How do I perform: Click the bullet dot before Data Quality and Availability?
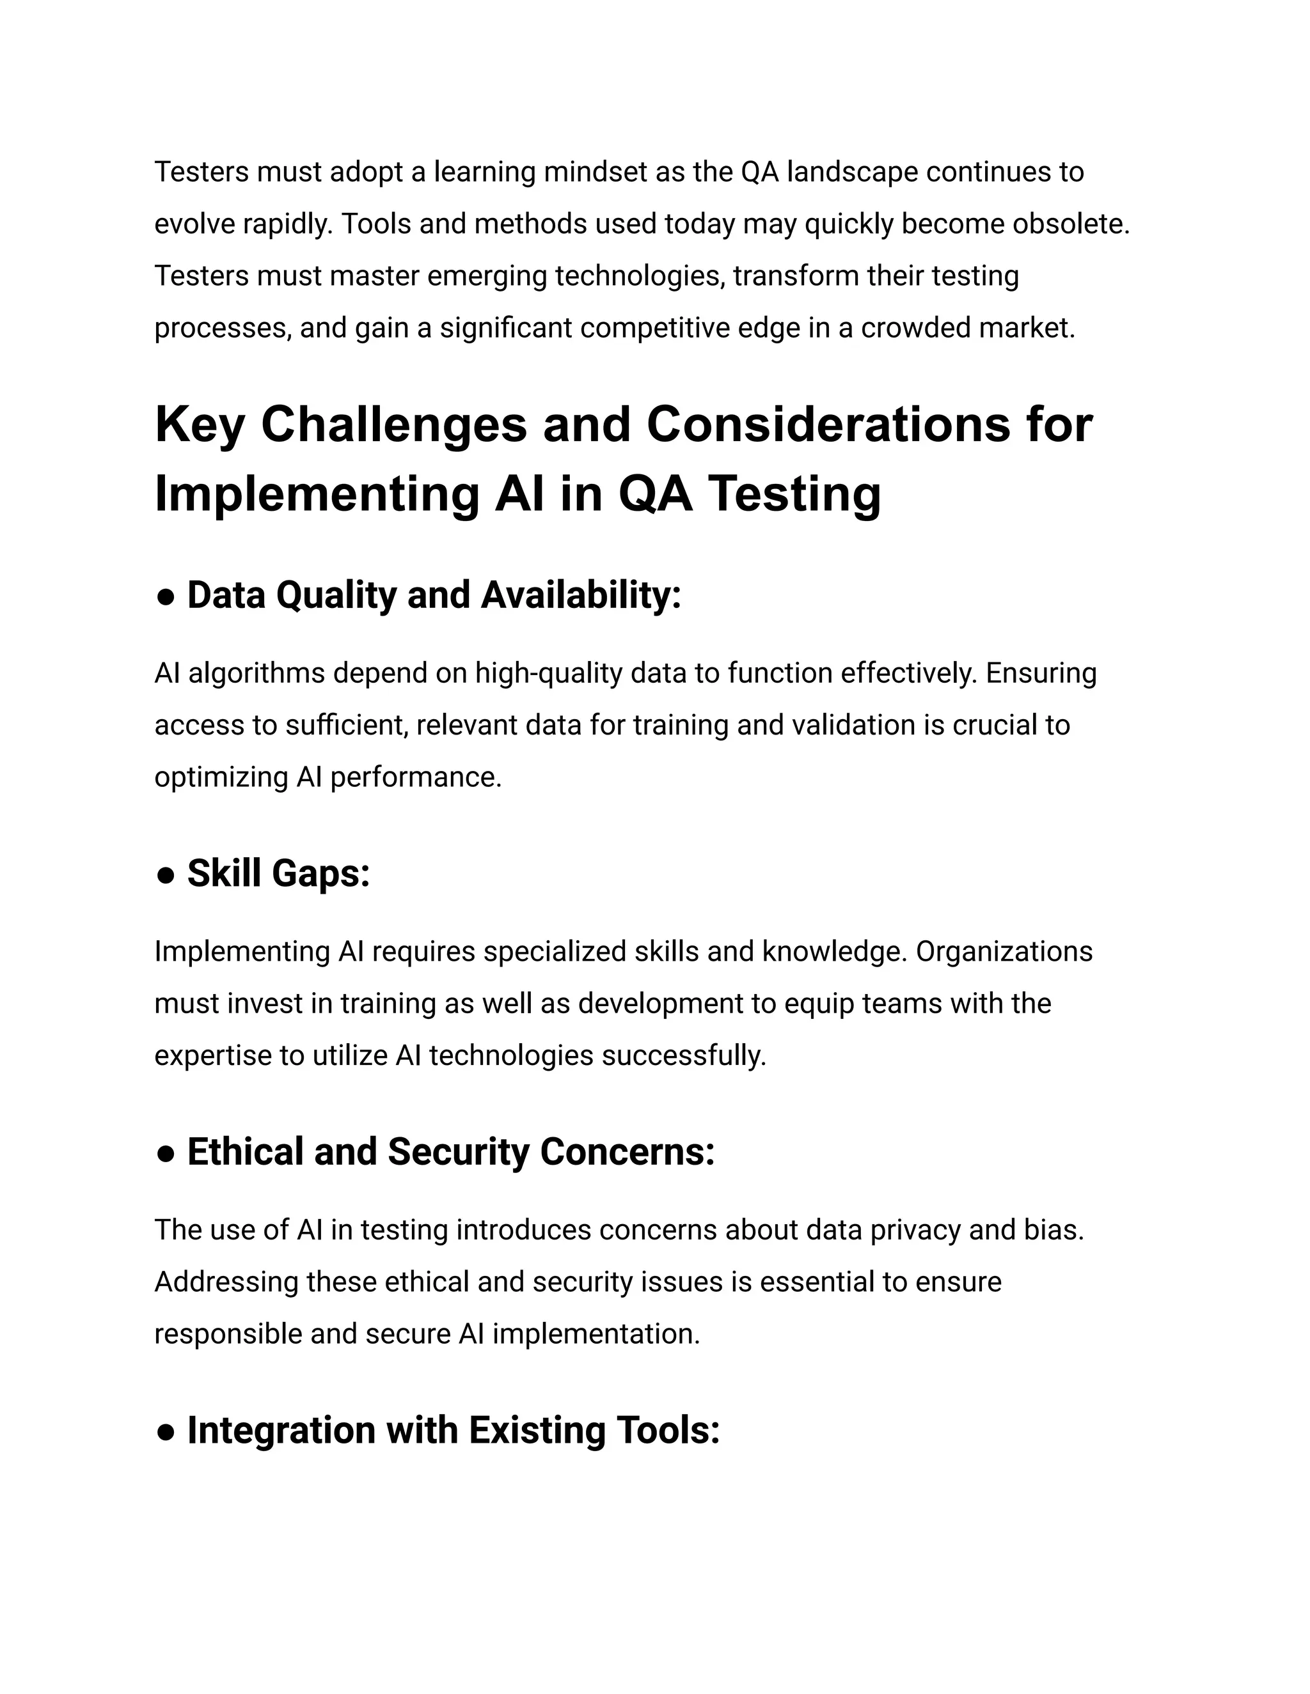click(x=164, y=596)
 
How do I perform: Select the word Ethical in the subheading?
click(x=245, y=1152)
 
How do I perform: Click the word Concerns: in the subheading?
click(x=627, y=1152)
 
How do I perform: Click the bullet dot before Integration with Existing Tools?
click(x=164, y=1432)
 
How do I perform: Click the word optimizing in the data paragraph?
click(x=221, y=778)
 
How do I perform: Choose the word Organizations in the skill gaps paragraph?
click(x=1004, y=952)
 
